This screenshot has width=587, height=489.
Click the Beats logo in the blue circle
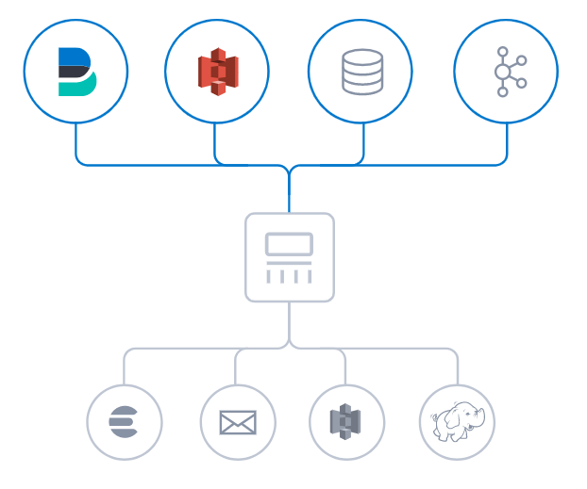click(x=75, y=72)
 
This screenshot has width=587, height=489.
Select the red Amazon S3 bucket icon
click(x=217, y=72)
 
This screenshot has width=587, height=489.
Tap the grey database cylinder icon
click(x=362, y=72)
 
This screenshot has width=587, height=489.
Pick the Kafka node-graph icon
click(x=507, y=72)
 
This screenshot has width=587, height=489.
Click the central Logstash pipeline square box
click(x=289, y=257)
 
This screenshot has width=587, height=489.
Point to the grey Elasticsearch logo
click(x=124, y=421)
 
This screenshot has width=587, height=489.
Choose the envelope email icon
click(x=238, y=422)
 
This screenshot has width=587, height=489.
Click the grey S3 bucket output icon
click(x=346, y=421)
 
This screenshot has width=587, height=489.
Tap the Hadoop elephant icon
click(x=457, y=421)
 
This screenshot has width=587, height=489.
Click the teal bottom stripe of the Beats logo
click(x=75, y=88)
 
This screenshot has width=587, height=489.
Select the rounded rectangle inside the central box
click(x=289, y=244)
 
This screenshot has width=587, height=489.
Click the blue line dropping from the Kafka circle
click(x=507, y=141)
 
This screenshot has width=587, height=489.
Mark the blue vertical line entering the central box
click(x=289, y=196)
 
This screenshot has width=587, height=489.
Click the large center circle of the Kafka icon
click(x=502, y=72)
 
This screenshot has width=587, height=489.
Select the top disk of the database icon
click(x=362, y=57)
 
